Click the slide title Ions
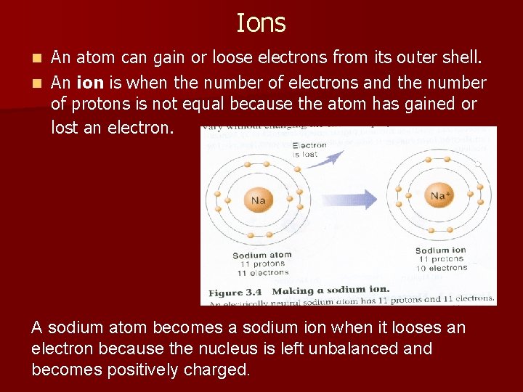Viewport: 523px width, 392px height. click(261, 23)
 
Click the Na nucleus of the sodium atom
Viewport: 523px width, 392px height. click(258, 200)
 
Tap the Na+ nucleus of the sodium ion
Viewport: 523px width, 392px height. click(439, 196)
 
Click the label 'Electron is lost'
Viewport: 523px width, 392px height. click(309, 150)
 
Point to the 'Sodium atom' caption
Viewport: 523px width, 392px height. click(261, 255)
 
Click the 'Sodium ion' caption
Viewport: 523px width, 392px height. click(440, 251)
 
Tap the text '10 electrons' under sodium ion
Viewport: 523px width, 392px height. click(442, 268)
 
